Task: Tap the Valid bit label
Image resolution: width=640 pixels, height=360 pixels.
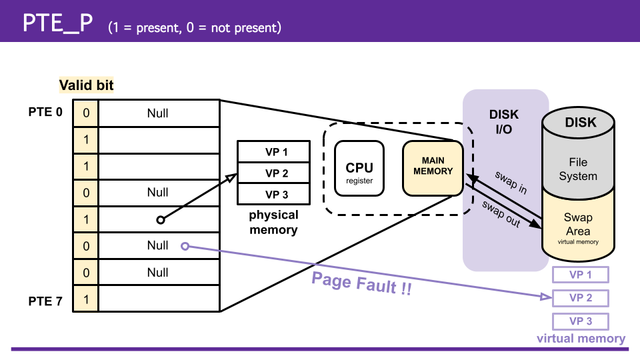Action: [x=86, y=85]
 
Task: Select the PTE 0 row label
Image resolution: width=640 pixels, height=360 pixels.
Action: [x=45, y=112]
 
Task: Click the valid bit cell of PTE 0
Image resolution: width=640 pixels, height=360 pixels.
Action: [x=86, y=113]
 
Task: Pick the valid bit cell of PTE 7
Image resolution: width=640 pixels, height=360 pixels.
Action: [x=86, y=299]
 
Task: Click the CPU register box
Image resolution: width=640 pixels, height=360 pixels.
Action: [x=359, y=169]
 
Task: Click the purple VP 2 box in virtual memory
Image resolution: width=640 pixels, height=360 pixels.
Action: [x=580, y=298]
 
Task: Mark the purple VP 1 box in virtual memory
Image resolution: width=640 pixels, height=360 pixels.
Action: [x=580, y=275]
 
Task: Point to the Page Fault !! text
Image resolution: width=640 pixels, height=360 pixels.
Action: [x=361, y=284]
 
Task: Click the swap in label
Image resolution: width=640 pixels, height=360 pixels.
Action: [x=511, y=182]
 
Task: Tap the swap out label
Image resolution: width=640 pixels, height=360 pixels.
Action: [x=501, y=213]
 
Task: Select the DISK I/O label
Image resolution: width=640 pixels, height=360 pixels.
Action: [x=504, y=122]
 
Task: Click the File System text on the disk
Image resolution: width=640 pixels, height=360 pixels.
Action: [x=578, y=169]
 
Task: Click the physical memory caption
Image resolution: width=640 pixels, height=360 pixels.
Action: [x=273, y=223]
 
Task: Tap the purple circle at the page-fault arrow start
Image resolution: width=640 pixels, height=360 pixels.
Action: [x=185, y=247]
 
